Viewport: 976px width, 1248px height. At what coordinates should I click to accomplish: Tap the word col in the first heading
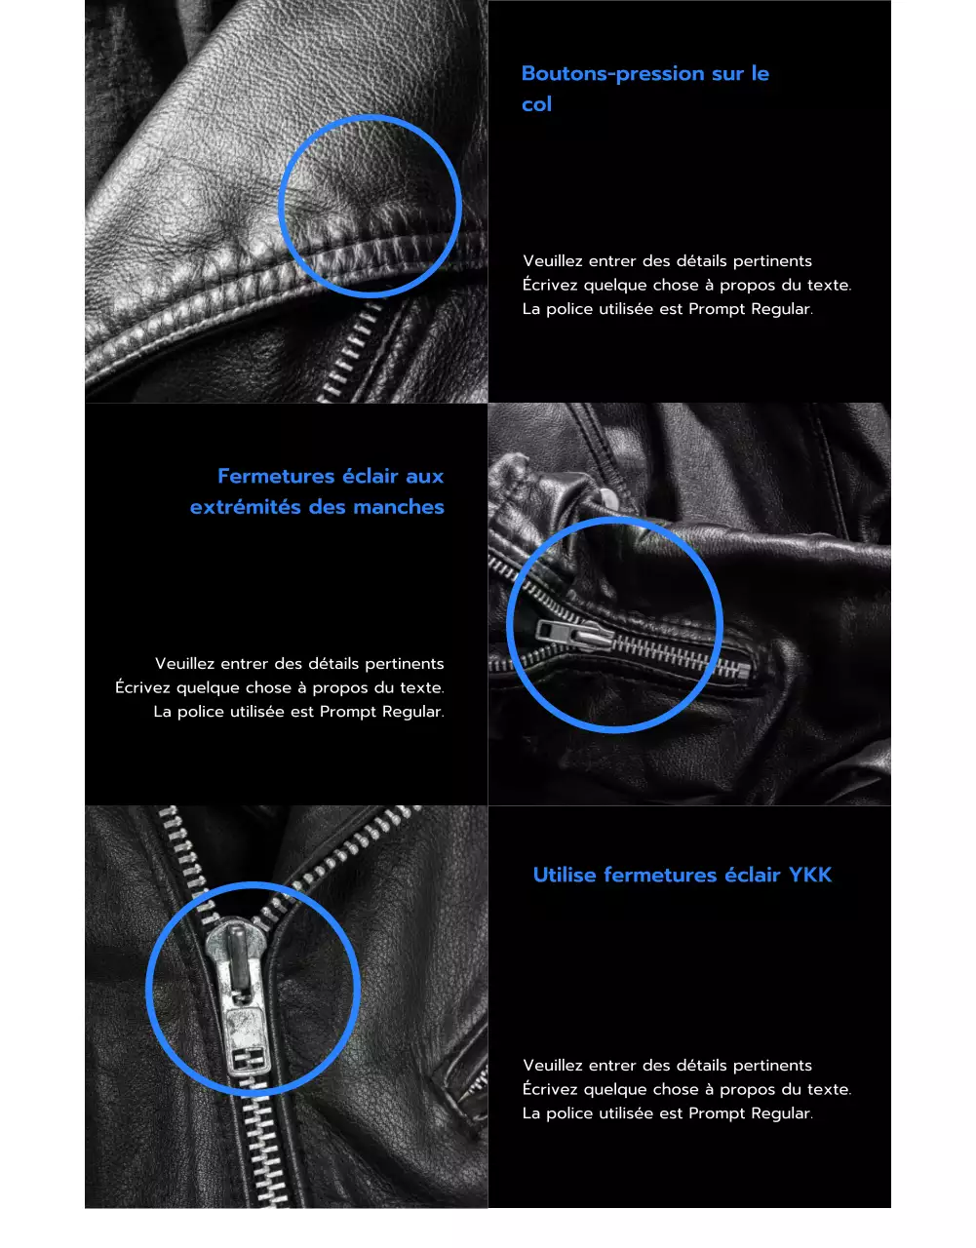click(536, 104)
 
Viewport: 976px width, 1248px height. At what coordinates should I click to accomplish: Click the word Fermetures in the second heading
click(276, 477)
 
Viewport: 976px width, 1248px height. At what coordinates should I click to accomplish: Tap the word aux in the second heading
click(425, 477)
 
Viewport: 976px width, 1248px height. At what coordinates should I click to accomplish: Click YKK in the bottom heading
click(810, 876)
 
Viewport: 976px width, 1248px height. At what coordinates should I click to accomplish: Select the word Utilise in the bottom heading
click(565, 876)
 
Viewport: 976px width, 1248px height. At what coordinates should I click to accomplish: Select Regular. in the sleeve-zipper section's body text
click(412, 712)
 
